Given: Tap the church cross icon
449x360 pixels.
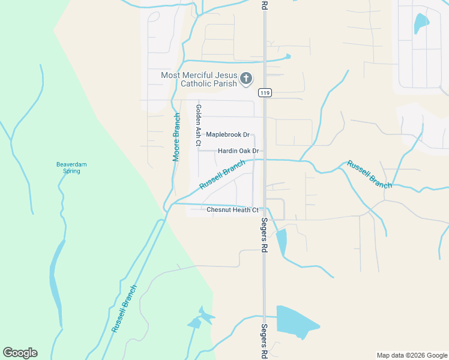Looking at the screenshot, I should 246,79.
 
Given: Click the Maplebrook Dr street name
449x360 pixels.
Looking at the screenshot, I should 228,135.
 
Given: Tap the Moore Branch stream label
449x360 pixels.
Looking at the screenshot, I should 176,137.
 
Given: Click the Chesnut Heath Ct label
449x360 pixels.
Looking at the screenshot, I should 232,210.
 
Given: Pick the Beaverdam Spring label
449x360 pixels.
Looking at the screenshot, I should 72,167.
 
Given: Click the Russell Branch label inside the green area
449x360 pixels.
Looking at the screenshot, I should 124,308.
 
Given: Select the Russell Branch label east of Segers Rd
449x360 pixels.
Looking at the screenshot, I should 369,175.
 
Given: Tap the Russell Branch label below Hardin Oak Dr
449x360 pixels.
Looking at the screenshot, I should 222,175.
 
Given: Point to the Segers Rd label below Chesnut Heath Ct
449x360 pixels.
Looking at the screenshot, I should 264,235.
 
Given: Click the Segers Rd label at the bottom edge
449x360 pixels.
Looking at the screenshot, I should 264,341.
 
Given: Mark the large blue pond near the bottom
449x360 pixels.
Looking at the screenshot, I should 296,320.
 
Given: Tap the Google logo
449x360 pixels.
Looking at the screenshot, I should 20,353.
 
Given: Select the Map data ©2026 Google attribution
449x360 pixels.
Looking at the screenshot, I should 412,355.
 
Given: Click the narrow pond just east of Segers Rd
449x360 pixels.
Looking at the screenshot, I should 281,241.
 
